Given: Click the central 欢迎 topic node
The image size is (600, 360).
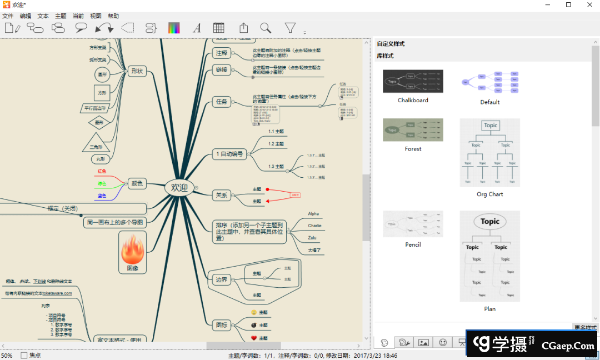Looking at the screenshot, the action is point(179,188).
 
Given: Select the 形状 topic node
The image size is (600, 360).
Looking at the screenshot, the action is point(136,71).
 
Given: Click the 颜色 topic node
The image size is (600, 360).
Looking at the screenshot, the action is point(136,183).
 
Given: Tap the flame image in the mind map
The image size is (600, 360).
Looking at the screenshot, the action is point(133,251).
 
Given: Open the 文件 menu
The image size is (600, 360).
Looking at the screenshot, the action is point(8,16).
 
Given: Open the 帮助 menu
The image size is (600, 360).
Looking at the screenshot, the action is point(113,16).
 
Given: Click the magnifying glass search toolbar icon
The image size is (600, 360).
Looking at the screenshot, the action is point(266,28).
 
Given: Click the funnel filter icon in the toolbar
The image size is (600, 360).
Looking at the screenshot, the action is point(290,28).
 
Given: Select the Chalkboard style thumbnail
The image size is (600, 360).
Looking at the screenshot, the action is point(413,81).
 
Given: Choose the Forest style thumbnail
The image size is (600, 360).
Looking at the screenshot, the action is point(413,129).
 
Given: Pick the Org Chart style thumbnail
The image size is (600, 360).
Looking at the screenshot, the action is point(489,152).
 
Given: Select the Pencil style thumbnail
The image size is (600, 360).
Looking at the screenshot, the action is point(413,223).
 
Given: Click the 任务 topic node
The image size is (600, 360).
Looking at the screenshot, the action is point(221,102).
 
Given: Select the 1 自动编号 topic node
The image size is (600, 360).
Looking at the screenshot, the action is point(229,154).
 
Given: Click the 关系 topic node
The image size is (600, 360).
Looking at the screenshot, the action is point(221,195).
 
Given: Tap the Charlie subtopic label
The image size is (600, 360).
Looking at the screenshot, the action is point(314,226).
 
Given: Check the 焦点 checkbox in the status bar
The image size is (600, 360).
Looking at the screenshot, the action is point(24,355).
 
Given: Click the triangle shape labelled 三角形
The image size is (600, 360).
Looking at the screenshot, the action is point(96,142).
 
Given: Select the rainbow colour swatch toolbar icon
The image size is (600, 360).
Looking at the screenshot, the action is point(174,28).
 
